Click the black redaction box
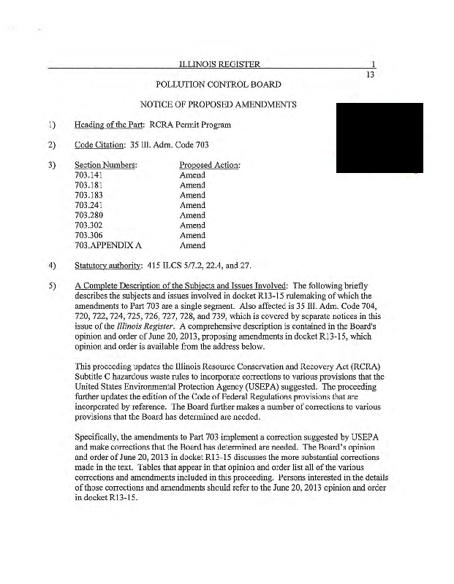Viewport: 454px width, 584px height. [379, 138]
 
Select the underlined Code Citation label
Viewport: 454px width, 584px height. [95, 145]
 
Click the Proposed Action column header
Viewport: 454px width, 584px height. [210, 165]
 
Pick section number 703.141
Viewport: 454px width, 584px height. [88, 175]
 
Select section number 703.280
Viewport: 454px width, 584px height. [88, 216]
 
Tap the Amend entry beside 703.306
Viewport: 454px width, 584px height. [192, 236]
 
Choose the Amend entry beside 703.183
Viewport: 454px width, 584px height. [192, 196]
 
